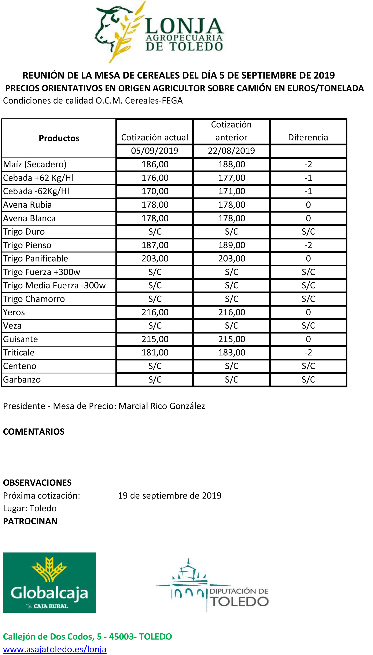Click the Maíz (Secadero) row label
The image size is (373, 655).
[x=35, y=164]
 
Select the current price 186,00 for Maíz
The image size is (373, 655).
[x=155, y=164]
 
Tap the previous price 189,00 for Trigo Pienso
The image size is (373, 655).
[x=232, y=245]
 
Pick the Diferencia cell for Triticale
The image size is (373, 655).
[x=308, y=352]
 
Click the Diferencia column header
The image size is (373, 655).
[x=308, y=137]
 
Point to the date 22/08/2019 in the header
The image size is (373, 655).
[x=231, y=151]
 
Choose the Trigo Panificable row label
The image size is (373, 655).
[x=36, y=258]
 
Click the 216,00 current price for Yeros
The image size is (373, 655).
[x=155, y=312]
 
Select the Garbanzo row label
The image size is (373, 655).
[x=22, y=380]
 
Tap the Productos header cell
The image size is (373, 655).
[x=59, y=138]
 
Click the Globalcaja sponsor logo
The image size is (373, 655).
[x=49, y=583]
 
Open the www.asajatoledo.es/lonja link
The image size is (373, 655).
[x=55, y=649]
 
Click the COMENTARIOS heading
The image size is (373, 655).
[x=34, y=432]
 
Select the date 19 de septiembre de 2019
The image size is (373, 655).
[x=170, y=495]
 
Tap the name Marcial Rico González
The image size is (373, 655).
[x=162, y=406]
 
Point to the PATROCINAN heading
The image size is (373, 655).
[x=30, y=521]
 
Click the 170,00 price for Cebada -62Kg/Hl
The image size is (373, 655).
[x=155, y=191]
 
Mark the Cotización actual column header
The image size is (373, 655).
[x=155, y=137]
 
